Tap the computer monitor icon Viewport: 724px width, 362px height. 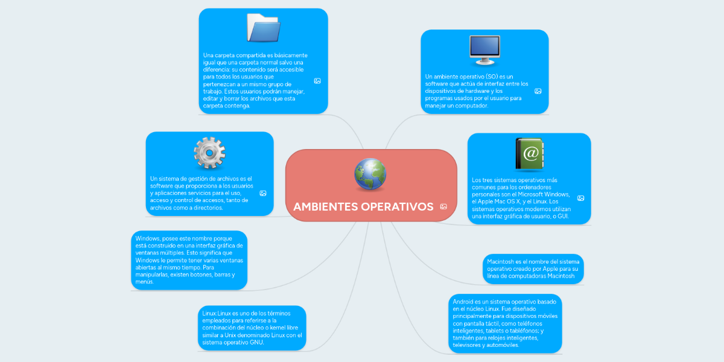pos(484,50)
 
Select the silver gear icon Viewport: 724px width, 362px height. pos(209,153)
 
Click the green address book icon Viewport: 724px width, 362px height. pos(529,154)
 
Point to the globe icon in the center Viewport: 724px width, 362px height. pos(370,174)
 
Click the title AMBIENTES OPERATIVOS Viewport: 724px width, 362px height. pos(363,207)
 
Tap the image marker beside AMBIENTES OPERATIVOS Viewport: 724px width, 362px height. pos(443,206)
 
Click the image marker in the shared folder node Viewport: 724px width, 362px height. pos(317,81)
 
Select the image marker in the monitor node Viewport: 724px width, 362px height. pos(538,91)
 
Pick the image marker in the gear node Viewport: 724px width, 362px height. pos(263,193)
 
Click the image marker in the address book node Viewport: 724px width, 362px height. pos(580,198)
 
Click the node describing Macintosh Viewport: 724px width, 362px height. pos(533,268)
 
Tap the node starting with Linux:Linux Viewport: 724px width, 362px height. pos(252,328)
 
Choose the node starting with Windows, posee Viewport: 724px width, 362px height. pos(189,259)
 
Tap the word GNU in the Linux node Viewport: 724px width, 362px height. pos(256,342)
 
